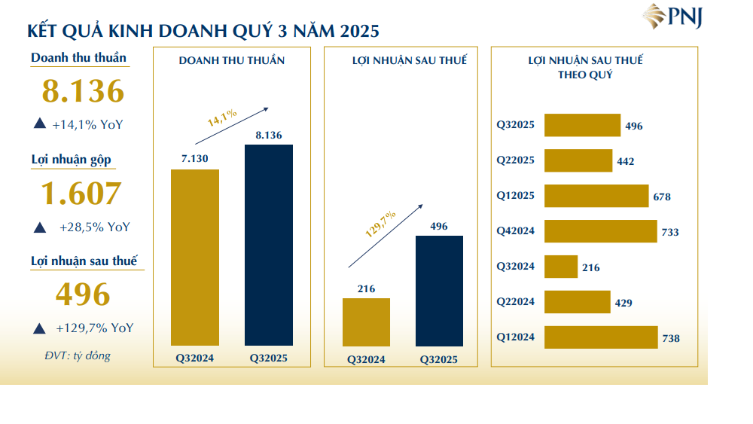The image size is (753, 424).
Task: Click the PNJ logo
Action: [x=672, y=17]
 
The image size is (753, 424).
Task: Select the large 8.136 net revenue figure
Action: [x=83, y=91]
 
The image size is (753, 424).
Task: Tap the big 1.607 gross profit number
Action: [x=81, y=194]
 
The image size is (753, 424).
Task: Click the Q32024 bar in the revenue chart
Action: [x=195, y=257]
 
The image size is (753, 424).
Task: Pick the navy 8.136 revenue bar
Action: [x=269, y=245]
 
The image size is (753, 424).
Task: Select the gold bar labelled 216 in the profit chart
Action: [x=366, y=322]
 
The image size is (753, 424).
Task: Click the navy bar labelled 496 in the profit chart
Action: [x=440, y=291]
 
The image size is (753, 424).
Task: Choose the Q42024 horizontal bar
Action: [x=600, y=231]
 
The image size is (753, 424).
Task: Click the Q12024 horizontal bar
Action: [x=600, y=337]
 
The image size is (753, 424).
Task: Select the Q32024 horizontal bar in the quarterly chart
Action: [x=560, y=267]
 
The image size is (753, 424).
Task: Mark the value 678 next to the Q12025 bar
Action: [x=663, y=197]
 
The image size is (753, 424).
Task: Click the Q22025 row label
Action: [x=516, y=160]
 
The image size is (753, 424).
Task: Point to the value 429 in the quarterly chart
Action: [x=624, y=303]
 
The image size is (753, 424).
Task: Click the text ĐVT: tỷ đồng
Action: [x=77, y=355]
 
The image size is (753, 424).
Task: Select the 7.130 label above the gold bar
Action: [x=194, y=159]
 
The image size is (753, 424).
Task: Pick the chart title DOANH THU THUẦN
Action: [x=231, y=60]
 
